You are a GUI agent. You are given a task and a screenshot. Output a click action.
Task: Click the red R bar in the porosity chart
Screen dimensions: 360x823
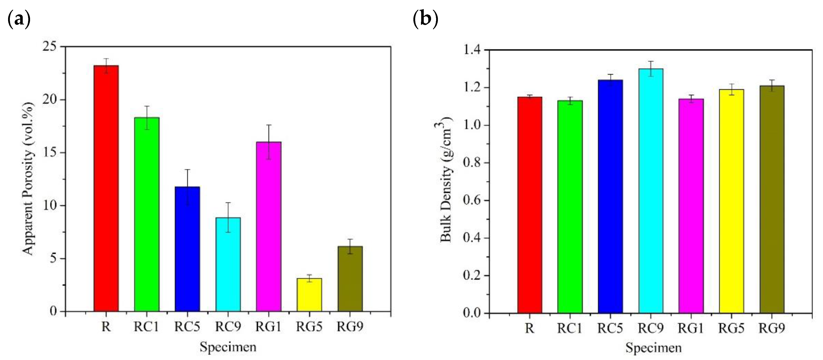106,189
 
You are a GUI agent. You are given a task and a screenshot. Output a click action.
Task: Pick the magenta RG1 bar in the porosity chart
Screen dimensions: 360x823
269,226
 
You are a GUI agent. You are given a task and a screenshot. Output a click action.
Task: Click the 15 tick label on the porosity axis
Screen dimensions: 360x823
51,152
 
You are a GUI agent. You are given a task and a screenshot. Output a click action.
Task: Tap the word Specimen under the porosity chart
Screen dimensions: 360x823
228,347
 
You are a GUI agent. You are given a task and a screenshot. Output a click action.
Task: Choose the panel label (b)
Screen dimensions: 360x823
425,19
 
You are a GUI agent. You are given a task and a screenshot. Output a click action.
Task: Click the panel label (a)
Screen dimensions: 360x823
18,19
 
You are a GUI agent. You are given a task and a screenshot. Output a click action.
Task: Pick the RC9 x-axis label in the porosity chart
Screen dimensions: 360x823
228,327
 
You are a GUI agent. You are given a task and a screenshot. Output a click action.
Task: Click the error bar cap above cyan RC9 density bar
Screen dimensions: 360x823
651,61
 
